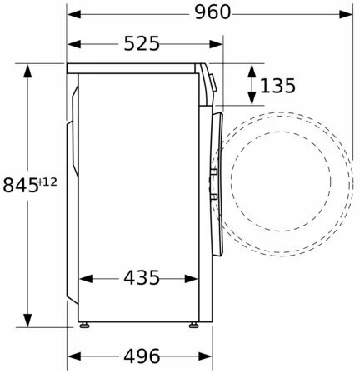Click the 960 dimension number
(x=212, y=12)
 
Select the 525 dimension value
(x=142, y=43)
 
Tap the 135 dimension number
(x=277, y=86)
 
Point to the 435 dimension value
(x=142, y=278)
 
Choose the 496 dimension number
(x=142, y=356)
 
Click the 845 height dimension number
(x=20, y=185)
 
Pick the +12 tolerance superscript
(x=47, y=182)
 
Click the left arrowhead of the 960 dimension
(x=74, y=14)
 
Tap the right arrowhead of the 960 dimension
(x=346, y=14)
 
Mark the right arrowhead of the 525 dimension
(x=216, y=44)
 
